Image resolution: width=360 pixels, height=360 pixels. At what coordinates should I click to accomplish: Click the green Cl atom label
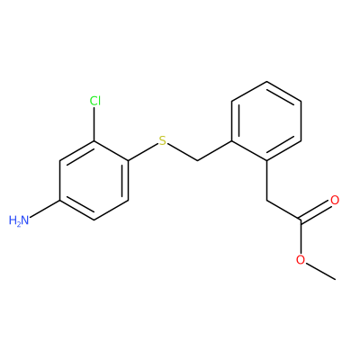tap(95, 101)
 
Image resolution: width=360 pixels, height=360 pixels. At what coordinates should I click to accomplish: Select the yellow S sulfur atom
tap(162, 140)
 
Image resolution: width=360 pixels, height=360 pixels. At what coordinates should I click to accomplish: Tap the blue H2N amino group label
tap(19, 220)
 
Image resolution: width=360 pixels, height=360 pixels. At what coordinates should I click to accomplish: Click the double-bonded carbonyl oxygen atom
tap(335, 200)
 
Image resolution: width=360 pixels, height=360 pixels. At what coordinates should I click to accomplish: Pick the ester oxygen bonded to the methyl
tap(301, 260)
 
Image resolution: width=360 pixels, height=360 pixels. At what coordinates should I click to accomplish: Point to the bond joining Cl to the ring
tap(94, 124)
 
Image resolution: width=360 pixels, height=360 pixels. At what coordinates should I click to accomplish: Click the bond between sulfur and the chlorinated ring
tap(143, 152)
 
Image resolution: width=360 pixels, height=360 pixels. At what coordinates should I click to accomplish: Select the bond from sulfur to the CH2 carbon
tap(182, 152)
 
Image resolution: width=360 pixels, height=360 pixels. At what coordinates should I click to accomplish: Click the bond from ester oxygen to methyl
tap(320, 272)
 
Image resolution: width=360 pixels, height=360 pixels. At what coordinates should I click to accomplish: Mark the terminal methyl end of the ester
tap(335, 280)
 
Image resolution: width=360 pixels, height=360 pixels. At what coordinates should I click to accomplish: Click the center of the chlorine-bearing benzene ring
tap(94, 181)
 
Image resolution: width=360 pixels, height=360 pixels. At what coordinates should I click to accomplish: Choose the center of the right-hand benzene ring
tap(266, 121)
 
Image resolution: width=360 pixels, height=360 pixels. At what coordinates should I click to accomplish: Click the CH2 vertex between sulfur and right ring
tap(197, 161)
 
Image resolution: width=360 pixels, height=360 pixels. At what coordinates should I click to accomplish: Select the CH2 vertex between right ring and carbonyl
tap(266, 201)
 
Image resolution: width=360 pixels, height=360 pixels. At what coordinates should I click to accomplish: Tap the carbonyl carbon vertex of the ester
tap(301, 220)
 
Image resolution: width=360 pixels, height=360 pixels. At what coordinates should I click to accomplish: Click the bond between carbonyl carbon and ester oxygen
tap(301, 238)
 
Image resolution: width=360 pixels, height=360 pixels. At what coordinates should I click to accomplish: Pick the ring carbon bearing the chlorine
tap(94, 141)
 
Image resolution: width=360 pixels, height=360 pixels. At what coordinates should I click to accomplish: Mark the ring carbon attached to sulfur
tap(129, 161)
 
